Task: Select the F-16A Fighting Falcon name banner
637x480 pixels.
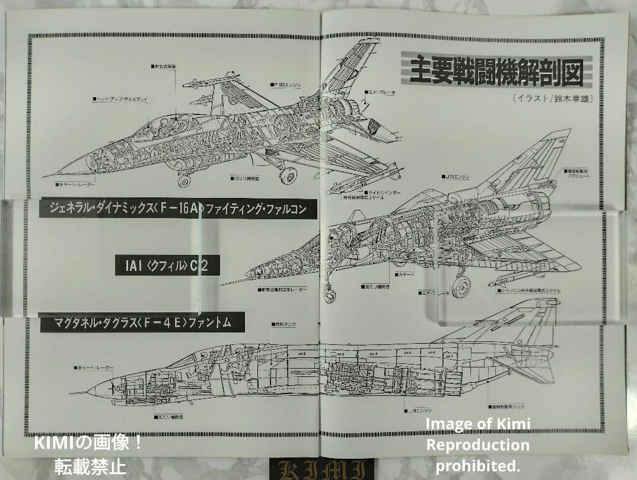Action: click(x=177, y=209)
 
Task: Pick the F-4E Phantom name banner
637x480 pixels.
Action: click(x=142, y=323)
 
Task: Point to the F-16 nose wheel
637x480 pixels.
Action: click(x=184, y=180)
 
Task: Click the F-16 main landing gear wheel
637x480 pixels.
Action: click(x=288, y=174)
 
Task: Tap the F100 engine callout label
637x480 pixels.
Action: click(x=285, y=85)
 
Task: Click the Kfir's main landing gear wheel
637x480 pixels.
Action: click(x=461, y=286)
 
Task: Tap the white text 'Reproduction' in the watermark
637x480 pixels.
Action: click(x=477, y=444)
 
